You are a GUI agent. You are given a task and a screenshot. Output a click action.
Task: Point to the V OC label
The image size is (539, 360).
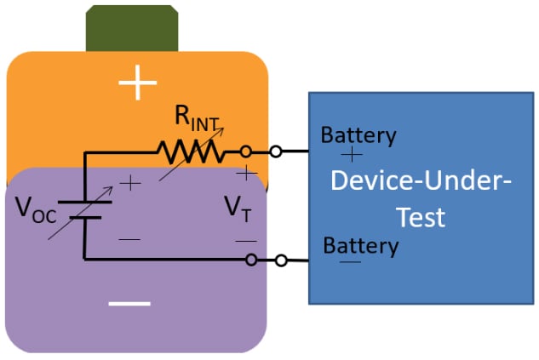coord(36,209)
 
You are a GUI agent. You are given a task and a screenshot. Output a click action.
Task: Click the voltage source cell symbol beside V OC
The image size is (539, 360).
coord(85,209)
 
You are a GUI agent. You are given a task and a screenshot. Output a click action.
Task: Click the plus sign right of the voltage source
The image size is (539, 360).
coord(129,182)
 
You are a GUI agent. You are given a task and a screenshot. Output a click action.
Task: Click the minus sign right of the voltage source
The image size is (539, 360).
coord(129,240)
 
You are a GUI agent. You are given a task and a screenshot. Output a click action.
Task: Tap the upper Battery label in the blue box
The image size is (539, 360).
coord(358,135)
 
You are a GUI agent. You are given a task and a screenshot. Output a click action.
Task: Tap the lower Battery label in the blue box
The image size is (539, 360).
coord(361,247)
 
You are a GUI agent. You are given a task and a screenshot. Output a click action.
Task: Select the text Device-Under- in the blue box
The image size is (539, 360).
coord(421,181)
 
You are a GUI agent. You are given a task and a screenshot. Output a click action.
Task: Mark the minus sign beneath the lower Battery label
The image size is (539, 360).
coord(350,262)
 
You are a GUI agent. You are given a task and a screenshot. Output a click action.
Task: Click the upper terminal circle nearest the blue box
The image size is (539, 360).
coord(275,152)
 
